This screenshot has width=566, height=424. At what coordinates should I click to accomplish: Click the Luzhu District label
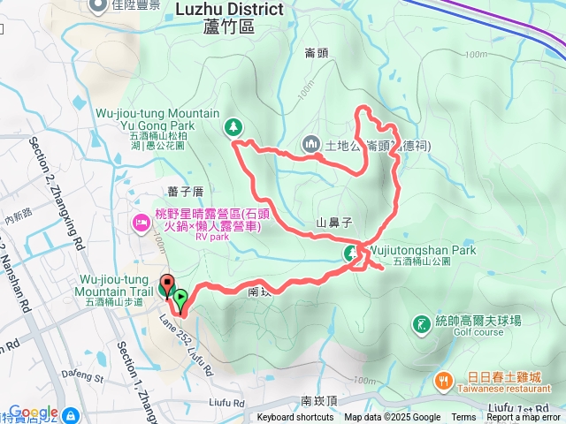coord(230,10)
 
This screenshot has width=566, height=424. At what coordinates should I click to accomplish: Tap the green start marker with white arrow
coord(180,299)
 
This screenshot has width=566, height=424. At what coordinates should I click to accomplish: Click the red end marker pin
coord(166,287)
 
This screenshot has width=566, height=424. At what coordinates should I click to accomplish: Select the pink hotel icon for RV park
coord(140,221)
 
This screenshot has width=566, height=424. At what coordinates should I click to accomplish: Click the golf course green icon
coord(419,324)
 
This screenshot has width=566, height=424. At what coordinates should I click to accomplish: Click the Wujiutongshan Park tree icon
coord(351,254)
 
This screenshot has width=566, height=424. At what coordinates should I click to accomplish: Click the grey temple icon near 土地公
coord(311,143)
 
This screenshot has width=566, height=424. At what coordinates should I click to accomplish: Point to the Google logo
coord(33,413)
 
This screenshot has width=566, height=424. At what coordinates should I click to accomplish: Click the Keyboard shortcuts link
coord(295,418)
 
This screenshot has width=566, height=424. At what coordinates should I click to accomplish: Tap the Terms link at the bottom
coord(463,418)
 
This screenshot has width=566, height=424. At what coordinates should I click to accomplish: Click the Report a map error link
coord(524,418)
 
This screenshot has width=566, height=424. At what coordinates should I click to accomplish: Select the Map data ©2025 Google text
coord(392,418)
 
